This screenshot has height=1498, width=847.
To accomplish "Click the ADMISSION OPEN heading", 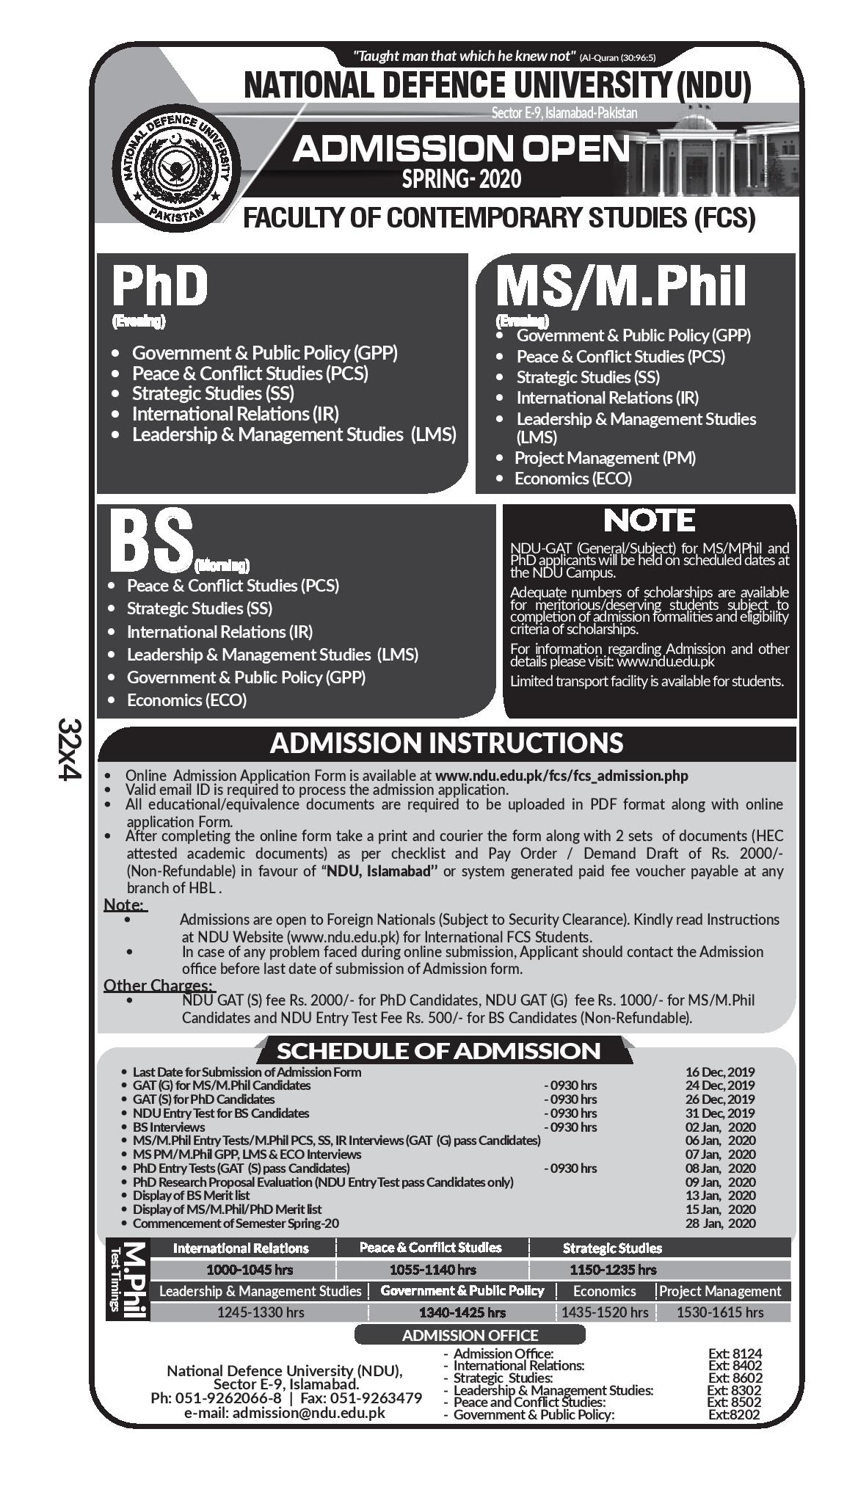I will (461, 149).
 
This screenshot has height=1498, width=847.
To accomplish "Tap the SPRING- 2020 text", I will (461, 178).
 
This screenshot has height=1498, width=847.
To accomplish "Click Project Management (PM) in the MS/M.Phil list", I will (605, 458).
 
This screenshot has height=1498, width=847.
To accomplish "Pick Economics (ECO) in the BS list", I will (186, 700).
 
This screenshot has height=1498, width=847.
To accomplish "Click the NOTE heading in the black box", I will (649, 520).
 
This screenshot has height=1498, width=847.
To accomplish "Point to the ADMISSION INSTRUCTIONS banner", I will (446, 743).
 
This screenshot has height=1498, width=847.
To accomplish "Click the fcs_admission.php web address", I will (561, 775).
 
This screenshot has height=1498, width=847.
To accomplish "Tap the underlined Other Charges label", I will (158, 985).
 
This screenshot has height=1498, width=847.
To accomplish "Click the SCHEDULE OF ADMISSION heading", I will (438, 1050).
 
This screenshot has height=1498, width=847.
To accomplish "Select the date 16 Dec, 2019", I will (719, 1072).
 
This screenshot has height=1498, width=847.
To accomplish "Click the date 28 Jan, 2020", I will (719, 1224).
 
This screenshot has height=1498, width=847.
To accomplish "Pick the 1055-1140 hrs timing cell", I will (432, 1270).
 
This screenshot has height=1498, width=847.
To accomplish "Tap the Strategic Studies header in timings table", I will (612, 1248).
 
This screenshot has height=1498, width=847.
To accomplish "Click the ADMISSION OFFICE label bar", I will (470, 1335).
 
